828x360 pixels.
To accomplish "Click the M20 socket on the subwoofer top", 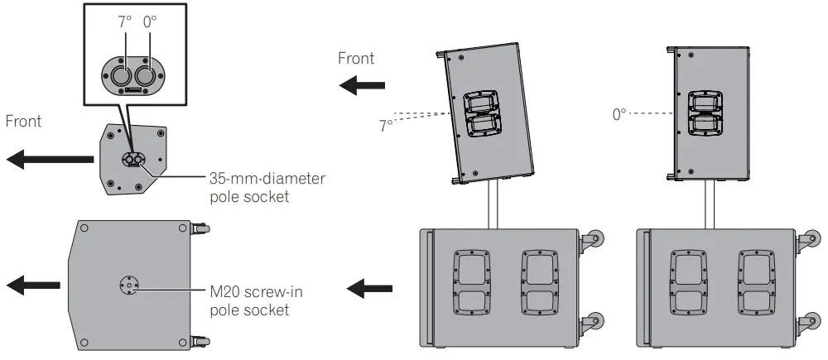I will click(x=128, y=286).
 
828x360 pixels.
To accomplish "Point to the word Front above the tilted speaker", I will click(x=356, y=58).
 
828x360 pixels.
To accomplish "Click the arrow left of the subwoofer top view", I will click(x=29, y=286).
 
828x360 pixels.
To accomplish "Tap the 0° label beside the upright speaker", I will click(x=620, y=114).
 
